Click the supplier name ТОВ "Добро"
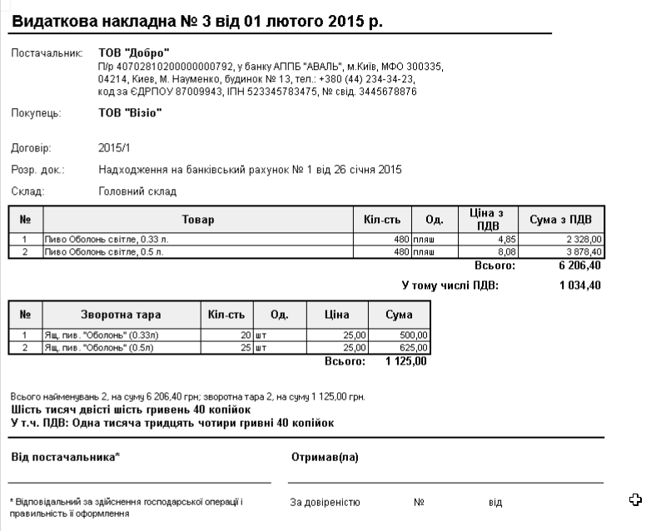134,53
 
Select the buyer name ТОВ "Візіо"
130,113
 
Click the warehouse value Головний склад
137,191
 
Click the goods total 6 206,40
579,266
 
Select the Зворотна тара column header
121,315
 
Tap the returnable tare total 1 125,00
405,362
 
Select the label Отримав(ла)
324,457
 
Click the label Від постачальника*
66,457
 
